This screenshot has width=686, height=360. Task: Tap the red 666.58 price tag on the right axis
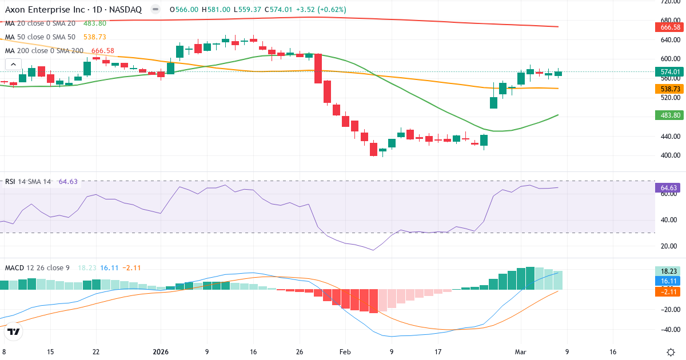click(669, 27)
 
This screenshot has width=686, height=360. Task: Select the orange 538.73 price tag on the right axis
click(669, 89)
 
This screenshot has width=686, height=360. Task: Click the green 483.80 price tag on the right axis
click(669, 115)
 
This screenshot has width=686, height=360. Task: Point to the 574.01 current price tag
click(669, 72)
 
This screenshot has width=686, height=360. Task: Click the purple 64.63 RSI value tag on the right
click(669, 187)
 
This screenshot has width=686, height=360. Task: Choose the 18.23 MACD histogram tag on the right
click(669, 271)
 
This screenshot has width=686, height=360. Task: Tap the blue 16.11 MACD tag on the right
click(669, 281)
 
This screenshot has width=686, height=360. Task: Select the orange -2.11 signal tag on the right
click(669, 291)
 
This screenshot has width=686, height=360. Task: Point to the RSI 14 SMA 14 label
click(28, 182)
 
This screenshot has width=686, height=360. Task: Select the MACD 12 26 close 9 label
click(37, 267)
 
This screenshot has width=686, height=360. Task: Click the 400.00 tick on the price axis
click(669, 155)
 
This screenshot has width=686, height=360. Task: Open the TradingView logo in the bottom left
click(14, 331)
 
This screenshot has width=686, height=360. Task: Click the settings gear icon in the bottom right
click(670, 352)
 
